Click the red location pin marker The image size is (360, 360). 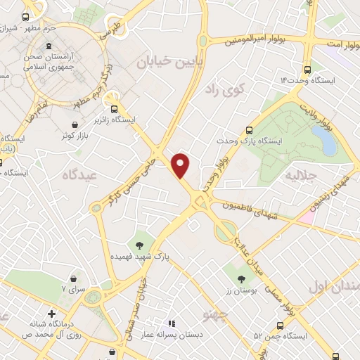[x=181, y=164]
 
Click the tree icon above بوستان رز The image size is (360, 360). [x=251, y=279]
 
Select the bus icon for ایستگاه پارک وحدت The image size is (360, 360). [x=249, y=129]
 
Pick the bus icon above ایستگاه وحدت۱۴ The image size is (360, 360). [x=307, y=70]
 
